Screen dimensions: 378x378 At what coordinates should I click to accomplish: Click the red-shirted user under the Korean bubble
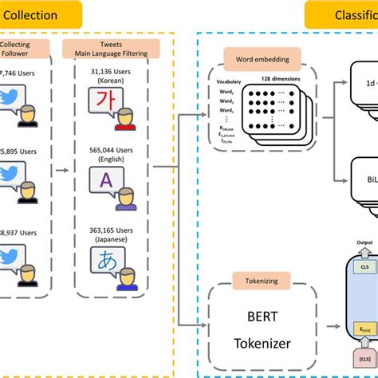tap(124, 122)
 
